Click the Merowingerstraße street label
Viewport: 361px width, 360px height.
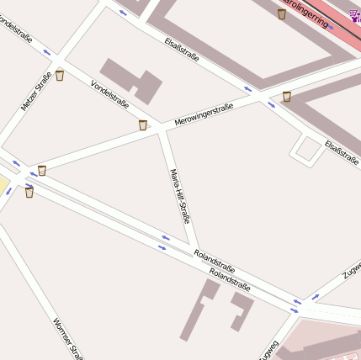[204, 114]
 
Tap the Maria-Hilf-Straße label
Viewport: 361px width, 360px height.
[179, 196]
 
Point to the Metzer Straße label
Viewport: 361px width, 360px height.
[36, 92]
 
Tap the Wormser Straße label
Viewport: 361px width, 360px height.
[67, 338]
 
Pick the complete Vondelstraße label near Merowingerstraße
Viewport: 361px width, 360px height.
[109, 93]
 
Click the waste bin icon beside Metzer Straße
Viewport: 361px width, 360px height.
[59, 76]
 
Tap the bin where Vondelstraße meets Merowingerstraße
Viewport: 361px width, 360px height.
[143, 125]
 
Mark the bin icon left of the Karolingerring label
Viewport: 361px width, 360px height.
[281, 13]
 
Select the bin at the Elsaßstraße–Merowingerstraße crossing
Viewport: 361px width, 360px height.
[286, 97]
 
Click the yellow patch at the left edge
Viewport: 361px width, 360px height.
[3, 187]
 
